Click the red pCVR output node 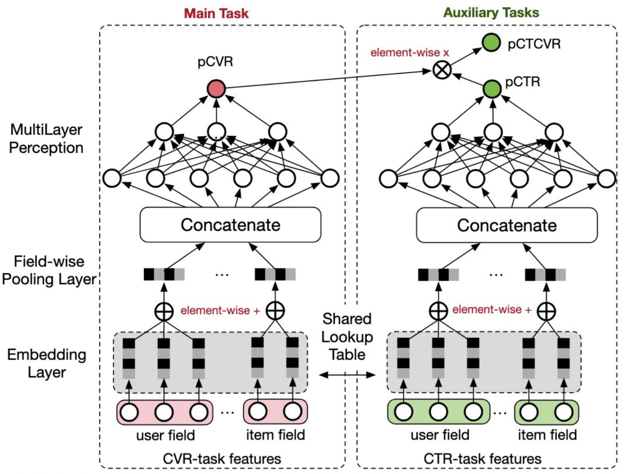[x=216, y=88]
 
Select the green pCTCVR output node [x=491, y=43]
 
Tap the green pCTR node [x=492, y=89]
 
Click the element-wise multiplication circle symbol [x=442, y=70]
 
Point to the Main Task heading [x=216, y=13]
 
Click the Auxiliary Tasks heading [x=491, y=12]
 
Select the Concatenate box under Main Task [x=230, y=225]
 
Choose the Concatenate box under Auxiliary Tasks [x=507, y=225]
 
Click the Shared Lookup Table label [x=347, y=337]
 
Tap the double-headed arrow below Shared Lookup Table [x=348, y=375]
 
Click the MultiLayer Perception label [x=46, y=139]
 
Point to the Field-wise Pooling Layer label [x=49, y=270]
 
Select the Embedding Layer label [x=47, y=363]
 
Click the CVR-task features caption [x=222, y=458]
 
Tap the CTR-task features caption [x=482, y=458]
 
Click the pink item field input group [x=275, y=411]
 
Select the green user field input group [x=438, y=411]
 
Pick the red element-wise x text [x=410, y=53]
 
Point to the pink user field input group [x=164, y=411]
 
